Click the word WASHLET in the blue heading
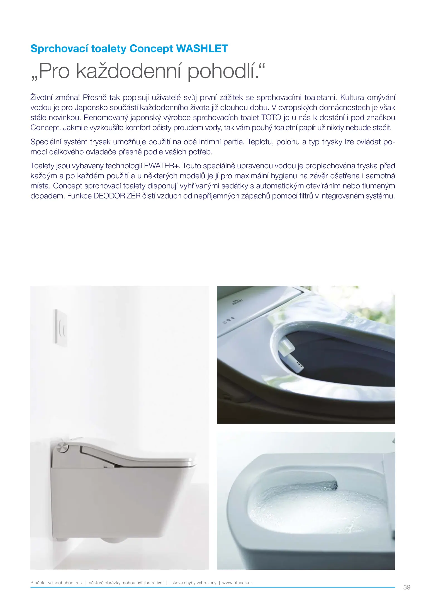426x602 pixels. click(202, 49)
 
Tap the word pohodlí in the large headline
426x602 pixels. click(221, 71)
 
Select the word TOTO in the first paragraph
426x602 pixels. click(271, 118)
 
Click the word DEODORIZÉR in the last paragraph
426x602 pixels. click(117, 196)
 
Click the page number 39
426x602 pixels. click(407, 587)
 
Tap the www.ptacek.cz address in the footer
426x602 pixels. click(237, 583)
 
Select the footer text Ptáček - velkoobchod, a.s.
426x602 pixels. click(57, 583)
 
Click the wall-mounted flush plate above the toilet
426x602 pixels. click(60, 328)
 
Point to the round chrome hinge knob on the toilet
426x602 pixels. click(62, 448)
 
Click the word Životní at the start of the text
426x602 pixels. click(45, 98)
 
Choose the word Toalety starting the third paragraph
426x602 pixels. click(42, 166)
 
